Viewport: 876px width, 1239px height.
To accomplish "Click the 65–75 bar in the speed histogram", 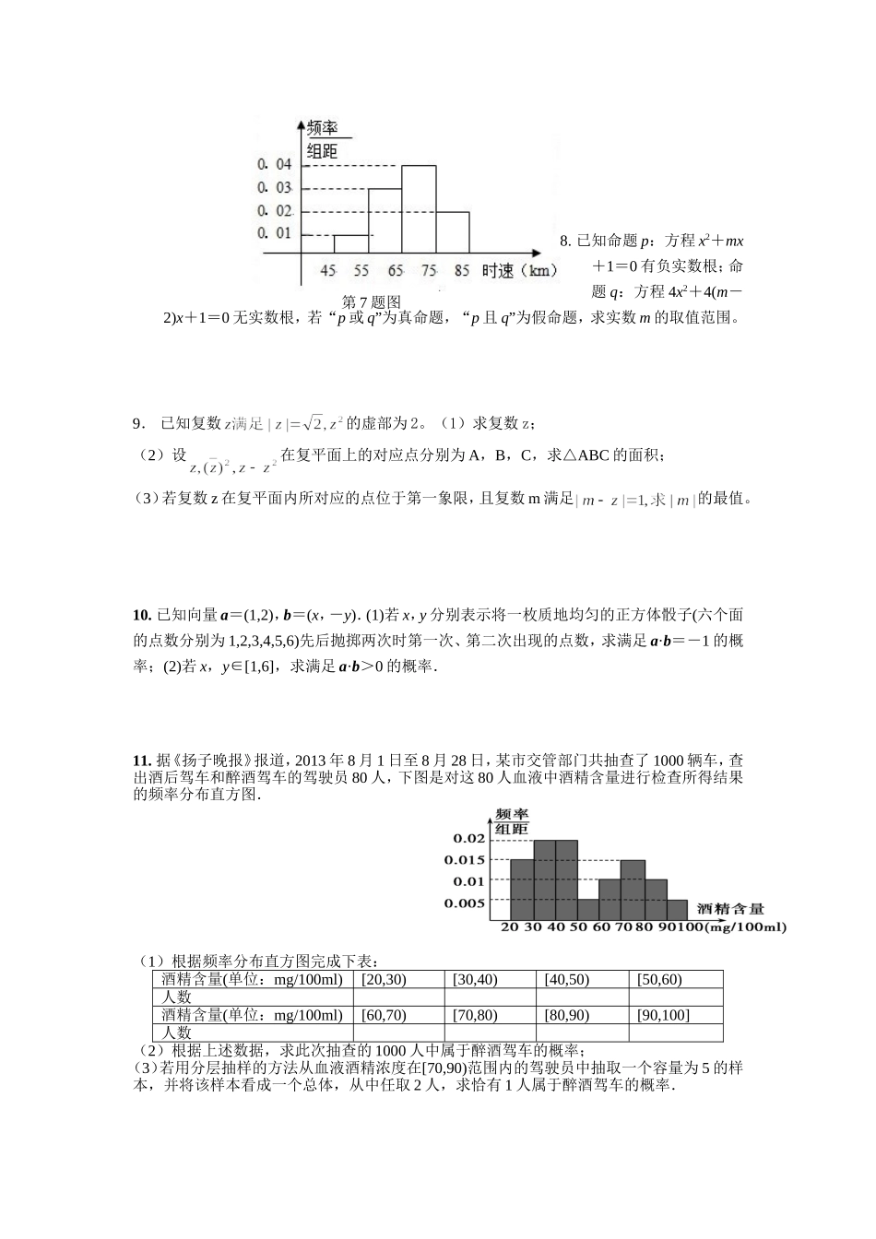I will click(419, 209).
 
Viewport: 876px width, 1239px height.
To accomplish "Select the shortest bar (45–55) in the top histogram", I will click(351, 244).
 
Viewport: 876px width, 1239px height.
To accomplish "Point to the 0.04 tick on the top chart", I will click(275, 164).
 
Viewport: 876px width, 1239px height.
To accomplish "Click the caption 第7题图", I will click(372, 301).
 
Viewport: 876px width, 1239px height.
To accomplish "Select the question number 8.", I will click(564, 242).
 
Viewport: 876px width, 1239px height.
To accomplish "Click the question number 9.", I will click(138, 423).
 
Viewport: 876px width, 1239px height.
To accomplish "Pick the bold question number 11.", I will click(142, 761).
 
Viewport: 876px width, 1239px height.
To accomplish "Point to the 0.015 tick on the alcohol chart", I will click(464, 860).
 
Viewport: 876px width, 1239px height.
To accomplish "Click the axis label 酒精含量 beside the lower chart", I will click(729, 909).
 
